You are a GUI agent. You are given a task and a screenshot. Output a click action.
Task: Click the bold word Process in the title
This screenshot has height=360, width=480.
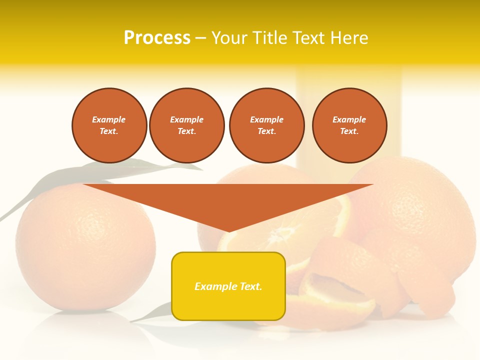[157, 38]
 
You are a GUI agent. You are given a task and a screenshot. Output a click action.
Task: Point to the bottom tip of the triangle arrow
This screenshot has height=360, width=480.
[229, 231]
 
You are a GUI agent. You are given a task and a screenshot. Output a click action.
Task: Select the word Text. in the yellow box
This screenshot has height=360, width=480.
[249, 286]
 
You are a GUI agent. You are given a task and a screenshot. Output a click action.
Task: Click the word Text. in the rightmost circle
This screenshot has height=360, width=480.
[349, 131]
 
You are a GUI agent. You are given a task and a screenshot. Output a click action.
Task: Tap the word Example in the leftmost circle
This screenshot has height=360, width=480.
[109, 119]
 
